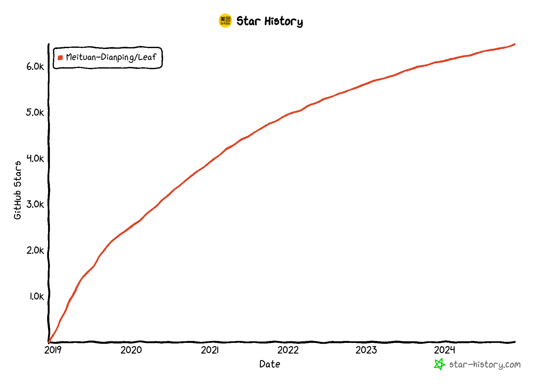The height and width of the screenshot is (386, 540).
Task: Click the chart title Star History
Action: [269, 21]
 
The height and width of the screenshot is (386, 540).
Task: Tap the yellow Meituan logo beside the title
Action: [225, 21]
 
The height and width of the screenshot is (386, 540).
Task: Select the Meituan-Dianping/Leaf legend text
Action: [111, 57]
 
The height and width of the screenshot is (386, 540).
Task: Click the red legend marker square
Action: [60, 58]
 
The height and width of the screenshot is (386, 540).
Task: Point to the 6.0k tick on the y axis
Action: [35, 66]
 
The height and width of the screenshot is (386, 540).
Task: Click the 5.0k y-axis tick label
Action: [35, 112]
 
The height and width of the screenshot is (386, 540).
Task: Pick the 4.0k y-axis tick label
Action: [35, 158]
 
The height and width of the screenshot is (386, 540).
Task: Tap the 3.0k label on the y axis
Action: [35, 204]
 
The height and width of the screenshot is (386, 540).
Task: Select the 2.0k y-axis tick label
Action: [35, 250]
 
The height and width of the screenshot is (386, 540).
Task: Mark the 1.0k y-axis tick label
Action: [36, 296]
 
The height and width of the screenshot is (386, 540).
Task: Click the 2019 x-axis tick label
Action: [53, 350]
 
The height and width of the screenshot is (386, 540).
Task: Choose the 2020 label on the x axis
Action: [131, 350]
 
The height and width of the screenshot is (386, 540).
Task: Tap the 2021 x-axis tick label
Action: [210, 350]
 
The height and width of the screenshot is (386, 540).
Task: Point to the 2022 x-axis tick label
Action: [288, 350]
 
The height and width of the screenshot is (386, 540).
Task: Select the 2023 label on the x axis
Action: [366, 350]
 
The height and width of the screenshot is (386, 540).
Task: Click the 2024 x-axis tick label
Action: [444, 350]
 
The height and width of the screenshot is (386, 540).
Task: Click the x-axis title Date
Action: [270, 364]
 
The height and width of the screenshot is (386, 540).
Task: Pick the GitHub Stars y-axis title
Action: [18, 190]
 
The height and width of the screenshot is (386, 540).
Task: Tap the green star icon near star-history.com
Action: [439, 364]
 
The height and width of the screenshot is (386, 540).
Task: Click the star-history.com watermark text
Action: [485, 365]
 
